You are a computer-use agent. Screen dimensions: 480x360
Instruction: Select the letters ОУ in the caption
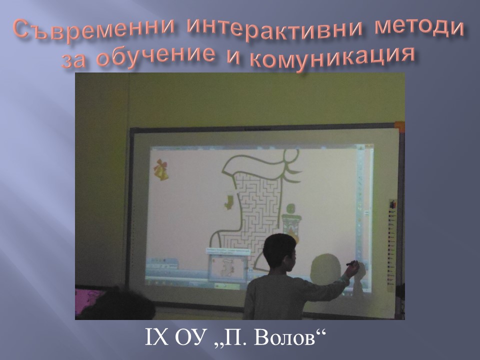(190, 337)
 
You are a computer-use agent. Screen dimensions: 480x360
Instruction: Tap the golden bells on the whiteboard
(161, 169)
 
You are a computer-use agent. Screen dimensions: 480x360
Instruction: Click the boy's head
(280, 252)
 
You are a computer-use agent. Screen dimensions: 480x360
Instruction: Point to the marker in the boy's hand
(351, 263)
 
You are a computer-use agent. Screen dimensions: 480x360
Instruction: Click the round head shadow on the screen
(325, 266)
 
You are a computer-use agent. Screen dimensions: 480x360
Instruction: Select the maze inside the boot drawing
(257, 214)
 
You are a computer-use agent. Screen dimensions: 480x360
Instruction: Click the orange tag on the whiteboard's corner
(399, 126)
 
